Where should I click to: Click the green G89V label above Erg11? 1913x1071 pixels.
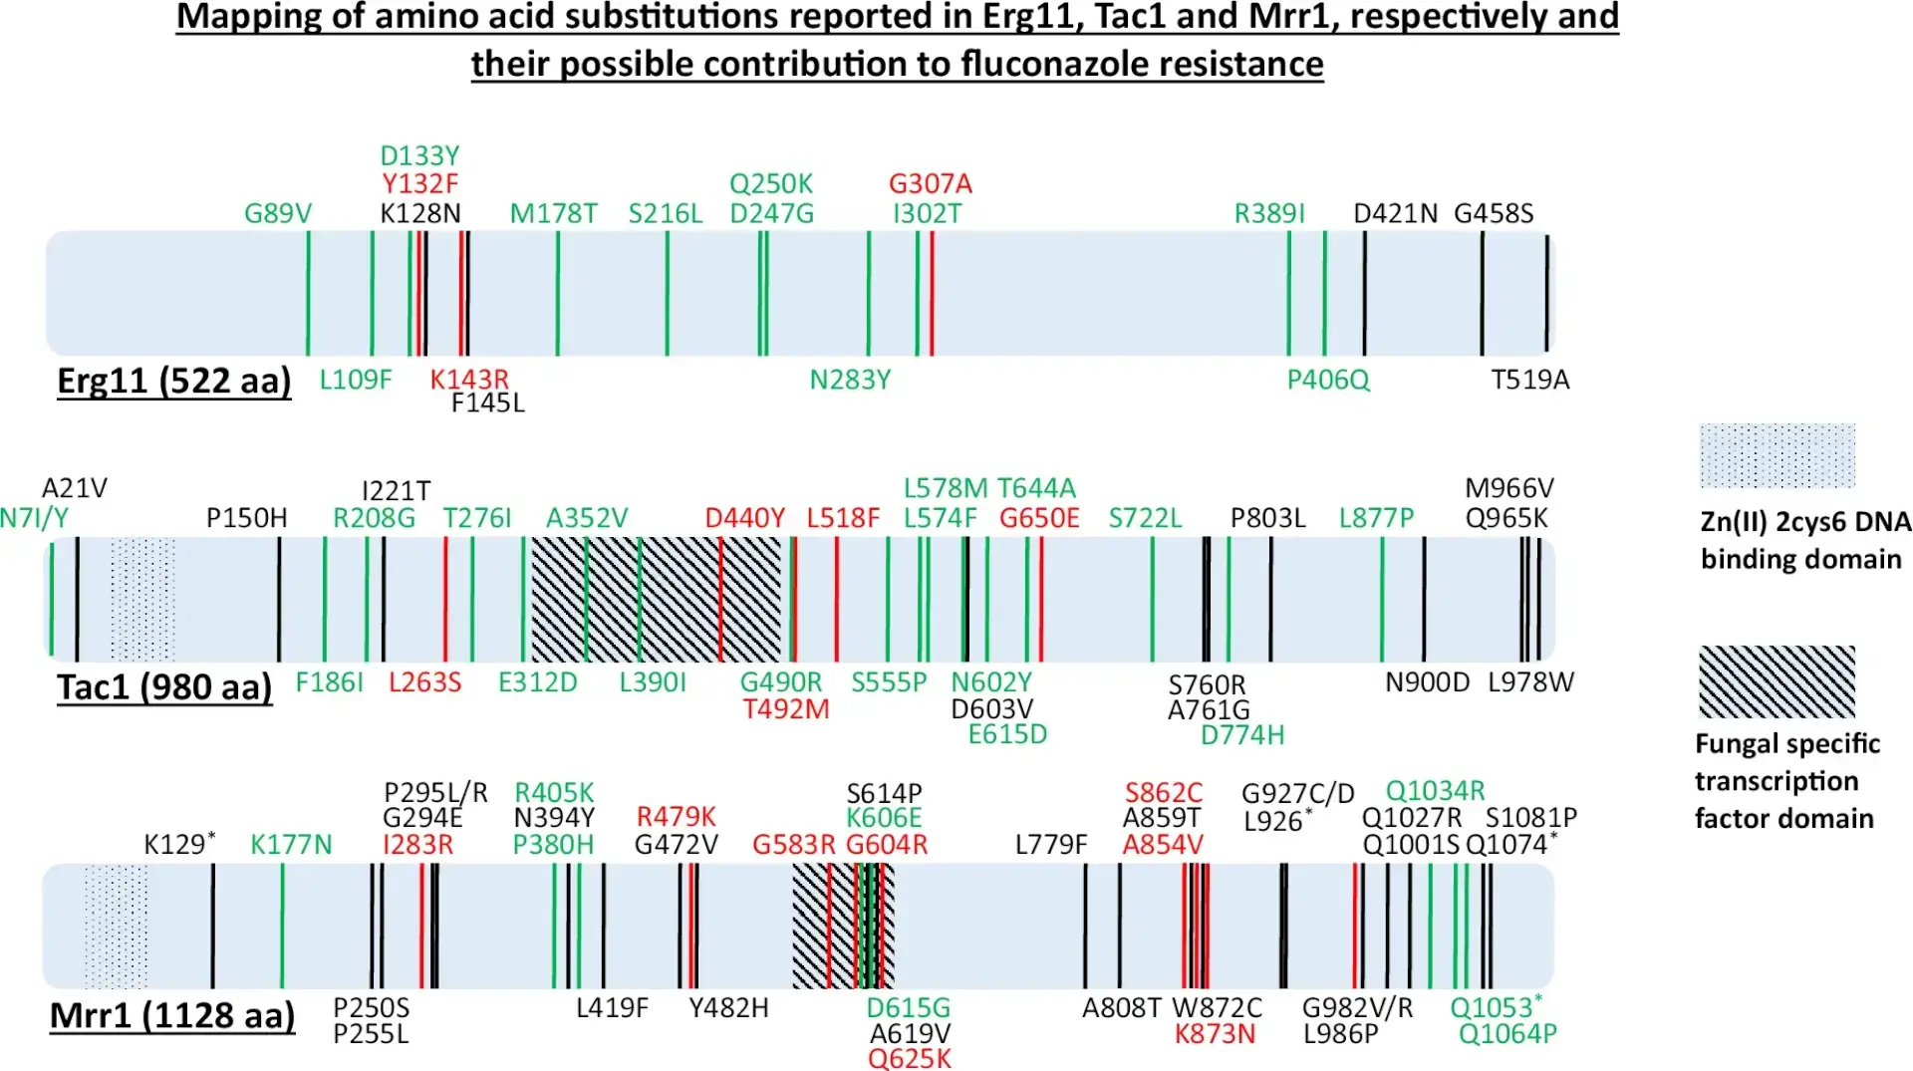tap(278, 213)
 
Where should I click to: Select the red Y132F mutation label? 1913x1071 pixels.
tap(419, 184)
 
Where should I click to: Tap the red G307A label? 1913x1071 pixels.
tap(930, 184)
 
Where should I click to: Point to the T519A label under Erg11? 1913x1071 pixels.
tap(1529, 380)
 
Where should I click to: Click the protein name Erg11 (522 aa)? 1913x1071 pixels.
tap(173, 381)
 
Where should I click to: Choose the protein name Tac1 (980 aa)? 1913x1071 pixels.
tap(164, 687)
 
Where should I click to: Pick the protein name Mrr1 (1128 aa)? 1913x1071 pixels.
tap(172, 1015)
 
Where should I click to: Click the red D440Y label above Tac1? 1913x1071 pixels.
tap(744, 518)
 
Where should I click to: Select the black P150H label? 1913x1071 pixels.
tap(246, 518)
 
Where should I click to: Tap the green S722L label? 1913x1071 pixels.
tap(1145, 518)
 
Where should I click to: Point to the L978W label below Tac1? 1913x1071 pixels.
tap(1530, 682)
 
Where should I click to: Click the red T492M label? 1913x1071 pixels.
tap(785, 709)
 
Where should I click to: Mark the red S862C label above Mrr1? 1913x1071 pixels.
tap(1163, 793)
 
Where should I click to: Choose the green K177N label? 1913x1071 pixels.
tap(290, 845)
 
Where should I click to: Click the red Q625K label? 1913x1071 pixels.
tap(909, 1058)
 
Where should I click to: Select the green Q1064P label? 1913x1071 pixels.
tap(1506, 1034)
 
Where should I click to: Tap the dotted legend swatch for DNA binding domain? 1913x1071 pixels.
tap(1776, 455)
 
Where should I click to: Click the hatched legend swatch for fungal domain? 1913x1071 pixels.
tap(1776, 682)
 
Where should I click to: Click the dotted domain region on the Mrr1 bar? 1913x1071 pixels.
tap(116, 927)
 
